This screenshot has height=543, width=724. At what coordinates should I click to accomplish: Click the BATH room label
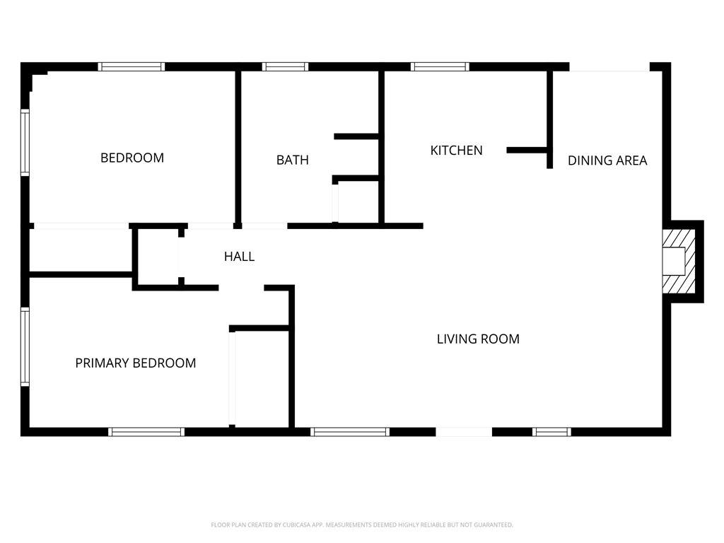(x=292, y=160)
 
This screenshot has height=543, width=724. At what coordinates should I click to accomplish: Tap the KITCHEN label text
(x=456, y=150)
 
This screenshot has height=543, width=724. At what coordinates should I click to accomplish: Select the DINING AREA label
(x=607, y=160)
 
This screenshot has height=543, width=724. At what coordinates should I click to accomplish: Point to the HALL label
(x=239, y=256)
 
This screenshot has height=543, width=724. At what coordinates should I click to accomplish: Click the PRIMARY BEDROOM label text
(x=135, y=363)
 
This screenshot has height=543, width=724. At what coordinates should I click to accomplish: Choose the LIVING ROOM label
(x=478, y=339)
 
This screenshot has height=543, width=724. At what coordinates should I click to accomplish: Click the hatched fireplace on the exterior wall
(x=679, y=262)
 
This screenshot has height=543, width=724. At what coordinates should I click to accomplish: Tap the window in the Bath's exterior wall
(x=286, y=66)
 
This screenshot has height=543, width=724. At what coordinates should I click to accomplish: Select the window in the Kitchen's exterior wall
(x=440, y=66)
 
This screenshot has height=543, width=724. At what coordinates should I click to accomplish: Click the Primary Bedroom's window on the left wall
(x=25, y=346)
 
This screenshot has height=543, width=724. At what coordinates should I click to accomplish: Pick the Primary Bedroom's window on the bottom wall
(x=146, y=432)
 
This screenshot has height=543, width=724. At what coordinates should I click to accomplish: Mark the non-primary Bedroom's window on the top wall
(x=132, y=66)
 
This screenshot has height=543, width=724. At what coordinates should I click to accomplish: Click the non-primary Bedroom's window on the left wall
(x=25, y=142)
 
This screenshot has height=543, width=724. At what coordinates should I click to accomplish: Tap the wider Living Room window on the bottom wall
(x=350, y=432)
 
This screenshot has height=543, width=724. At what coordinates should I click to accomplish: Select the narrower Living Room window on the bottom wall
(x=551, y=432)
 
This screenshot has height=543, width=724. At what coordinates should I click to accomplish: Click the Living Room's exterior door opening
(x=464, y=432)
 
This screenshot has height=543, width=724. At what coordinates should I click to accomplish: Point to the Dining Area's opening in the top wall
(x=609, y=67)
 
